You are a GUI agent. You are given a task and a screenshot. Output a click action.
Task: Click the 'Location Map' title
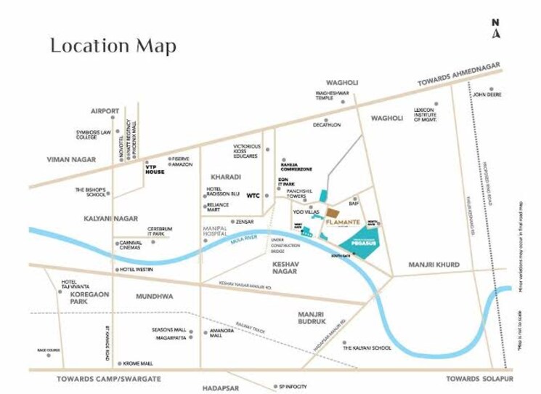(113, 46)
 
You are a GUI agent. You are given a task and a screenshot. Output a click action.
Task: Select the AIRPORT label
(105, 110)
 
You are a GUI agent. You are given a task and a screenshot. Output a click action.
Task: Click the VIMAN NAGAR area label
(71, 158)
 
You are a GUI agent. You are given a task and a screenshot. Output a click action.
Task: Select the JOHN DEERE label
(488, 94)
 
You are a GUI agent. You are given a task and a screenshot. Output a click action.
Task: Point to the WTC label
(253, 195)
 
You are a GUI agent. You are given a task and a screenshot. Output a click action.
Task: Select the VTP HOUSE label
(155, 169)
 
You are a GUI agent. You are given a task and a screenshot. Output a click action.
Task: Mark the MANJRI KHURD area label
(434, 265)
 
